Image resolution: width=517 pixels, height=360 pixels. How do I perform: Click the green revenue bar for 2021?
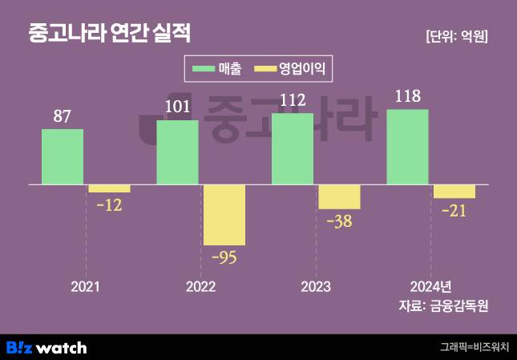click(63, 156)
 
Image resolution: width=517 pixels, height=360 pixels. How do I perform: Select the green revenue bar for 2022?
click(177, 152)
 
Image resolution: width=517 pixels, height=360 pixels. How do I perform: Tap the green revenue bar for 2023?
click(293, 149)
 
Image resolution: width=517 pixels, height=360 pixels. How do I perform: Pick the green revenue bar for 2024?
click(407, 147)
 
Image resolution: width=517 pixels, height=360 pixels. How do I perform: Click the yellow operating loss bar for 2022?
click(224, 215)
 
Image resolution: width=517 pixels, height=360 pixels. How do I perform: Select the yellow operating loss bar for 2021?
click(109, 189)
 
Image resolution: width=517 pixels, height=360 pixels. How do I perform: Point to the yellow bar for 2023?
click(339, 197)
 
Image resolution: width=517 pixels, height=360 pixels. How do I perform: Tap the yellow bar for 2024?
click(454, 192)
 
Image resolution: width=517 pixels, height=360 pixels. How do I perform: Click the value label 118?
click(407, 97)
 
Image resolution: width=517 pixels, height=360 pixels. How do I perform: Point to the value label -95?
click(224, 257)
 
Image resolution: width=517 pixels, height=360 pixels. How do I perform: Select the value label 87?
click(63, 116)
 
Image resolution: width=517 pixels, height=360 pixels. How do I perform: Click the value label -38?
click(339, 221)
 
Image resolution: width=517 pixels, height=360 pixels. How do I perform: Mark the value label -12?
click(109, 205)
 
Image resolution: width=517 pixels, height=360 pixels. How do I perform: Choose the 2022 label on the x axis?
click(200, 286)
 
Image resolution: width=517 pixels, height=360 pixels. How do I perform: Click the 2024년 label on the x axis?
click(430, 286)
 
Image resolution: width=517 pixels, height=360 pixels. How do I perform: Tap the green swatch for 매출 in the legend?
click(204, 69)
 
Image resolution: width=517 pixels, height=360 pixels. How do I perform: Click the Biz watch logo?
click(46, 347)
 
